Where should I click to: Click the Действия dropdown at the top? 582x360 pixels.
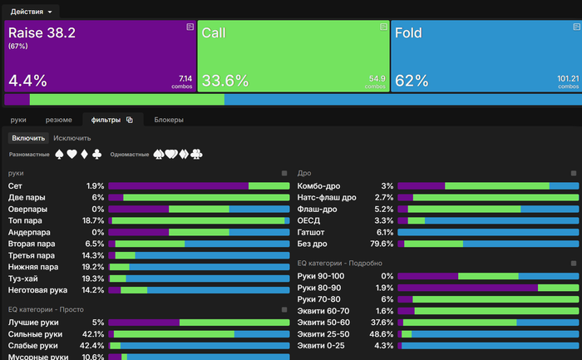[x=32, y=12]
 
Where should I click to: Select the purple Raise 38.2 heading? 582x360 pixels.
[x=41, y=33]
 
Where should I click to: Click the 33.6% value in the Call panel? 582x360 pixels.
[x=225, y=81]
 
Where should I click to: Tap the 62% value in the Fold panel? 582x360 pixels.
[x=412, y=81]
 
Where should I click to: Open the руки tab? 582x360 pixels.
[x=18, y=120]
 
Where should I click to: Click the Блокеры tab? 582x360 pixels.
[x=169, y=120]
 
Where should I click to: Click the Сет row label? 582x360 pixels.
[x=15, y=185]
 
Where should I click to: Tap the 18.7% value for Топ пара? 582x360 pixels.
[x=93, y=221]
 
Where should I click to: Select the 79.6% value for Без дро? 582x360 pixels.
[x=382, y=244]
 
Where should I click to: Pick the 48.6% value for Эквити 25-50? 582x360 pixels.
[x=382, y=333]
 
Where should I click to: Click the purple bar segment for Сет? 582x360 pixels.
[x=178, y=186]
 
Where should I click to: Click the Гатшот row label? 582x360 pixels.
[x=311, y=232]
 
